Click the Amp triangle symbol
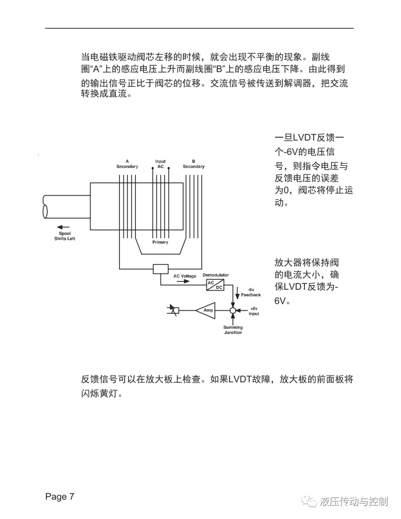coord(206,310)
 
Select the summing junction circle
coord(233,310)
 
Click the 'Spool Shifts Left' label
coord(65,236)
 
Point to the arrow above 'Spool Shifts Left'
coord(63,227)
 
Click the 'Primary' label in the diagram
coord(160,242)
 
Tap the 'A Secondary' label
coord(127,164)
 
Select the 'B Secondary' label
coord(193,164)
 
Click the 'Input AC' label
coord(160,164)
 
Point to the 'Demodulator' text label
coord(216,275)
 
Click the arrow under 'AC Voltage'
coord(183,281)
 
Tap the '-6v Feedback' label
coord(251,292)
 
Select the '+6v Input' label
coord(254,311)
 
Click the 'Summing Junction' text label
coord(233,330)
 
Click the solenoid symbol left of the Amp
coord(173,310)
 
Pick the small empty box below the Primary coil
coord(160,269)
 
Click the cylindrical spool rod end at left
coord(45,206)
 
